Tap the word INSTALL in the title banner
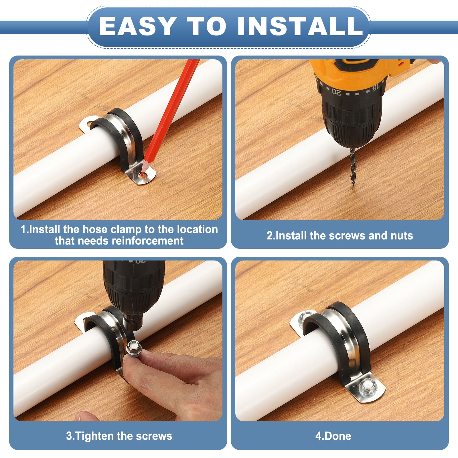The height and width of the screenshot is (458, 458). [x=300, y=26]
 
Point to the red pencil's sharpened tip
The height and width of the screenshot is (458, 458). [x=141, y=173]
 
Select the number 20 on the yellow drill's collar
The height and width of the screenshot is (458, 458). [x=337, y=92]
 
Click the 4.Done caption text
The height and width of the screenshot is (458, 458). [x=333, y=436]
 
